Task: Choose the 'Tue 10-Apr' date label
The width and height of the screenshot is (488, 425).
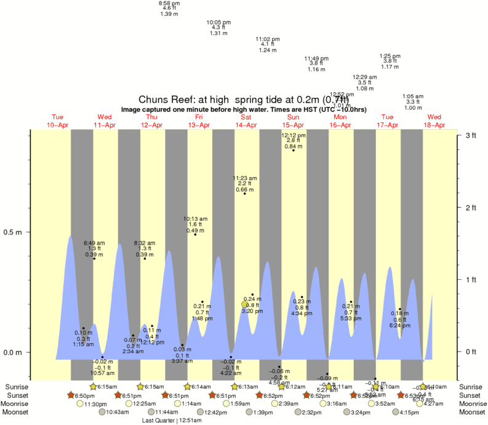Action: [x=57, y=121]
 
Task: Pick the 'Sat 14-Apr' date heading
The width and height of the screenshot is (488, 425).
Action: [x=246, y=121]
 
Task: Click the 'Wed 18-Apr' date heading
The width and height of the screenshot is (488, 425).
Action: [x=434, y=121]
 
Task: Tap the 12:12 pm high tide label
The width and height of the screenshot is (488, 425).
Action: [x=293, y=141]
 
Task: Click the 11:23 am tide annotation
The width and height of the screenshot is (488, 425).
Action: [x=244, y=184]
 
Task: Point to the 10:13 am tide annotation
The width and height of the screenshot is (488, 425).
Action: [x=195, y=224]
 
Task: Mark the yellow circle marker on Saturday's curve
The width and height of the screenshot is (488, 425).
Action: [x=245, y=304]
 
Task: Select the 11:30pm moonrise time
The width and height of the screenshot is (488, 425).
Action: [x=97, y=403]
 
